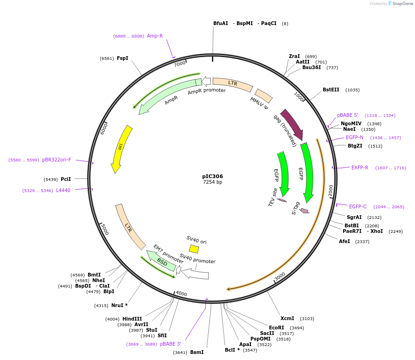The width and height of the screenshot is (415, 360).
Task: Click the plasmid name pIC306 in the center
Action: [x=212, y=176]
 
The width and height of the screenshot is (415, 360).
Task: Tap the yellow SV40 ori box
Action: [x=194, y=249]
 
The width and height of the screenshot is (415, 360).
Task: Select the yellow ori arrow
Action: [x=121, y=148]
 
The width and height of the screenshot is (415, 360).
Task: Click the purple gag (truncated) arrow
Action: [x=292, y=124]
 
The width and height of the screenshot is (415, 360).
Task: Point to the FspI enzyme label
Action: [x=122, y=58]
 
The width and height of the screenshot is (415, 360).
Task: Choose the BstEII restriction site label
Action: [x=331, y=90]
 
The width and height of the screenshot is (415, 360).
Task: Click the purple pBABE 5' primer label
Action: [x=348, y=115]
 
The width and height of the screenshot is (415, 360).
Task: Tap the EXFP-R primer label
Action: [x=360, y=167]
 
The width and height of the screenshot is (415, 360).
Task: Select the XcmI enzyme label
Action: [x=287, y=319]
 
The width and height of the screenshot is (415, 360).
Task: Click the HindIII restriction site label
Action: [x=132, y=319]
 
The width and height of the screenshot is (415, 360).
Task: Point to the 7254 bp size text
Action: [x=212, y=182]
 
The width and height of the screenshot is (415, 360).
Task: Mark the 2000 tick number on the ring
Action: [x=331, y=190]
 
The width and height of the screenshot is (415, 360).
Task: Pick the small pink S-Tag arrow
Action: [x=304, y=211]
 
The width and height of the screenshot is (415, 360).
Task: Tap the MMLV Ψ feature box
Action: [x=264, y=96]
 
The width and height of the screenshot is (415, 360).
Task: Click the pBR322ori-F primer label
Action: [x=57, y=160]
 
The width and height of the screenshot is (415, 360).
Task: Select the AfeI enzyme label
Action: [x=345, y=241]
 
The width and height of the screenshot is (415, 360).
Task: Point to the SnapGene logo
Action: [x=400, y=4]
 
